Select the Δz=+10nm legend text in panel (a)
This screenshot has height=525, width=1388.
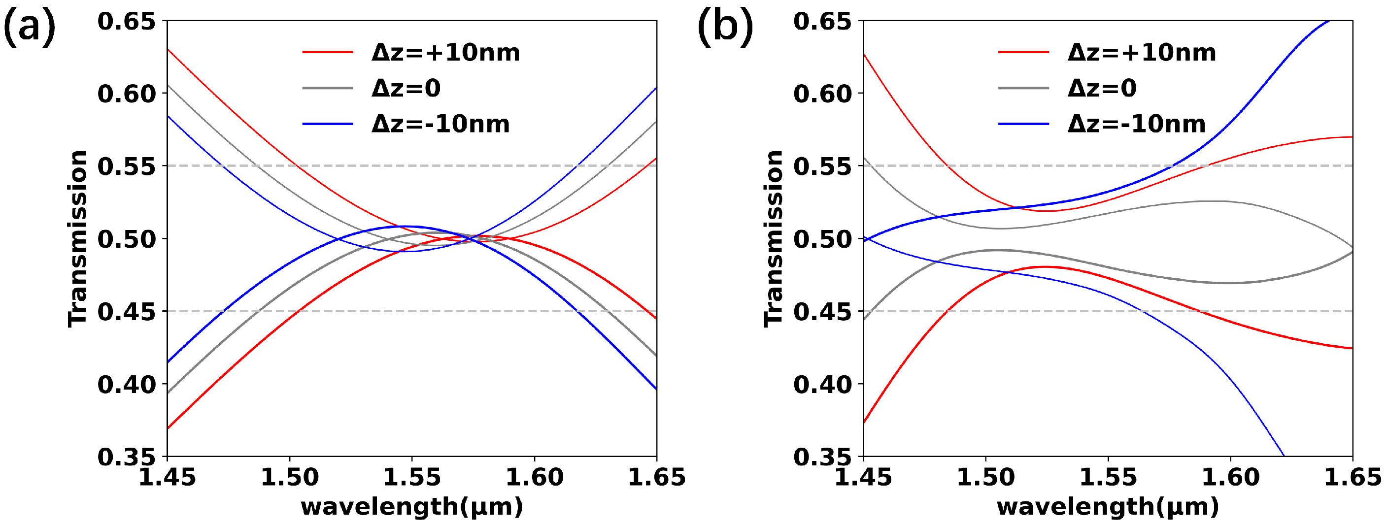[445, 53]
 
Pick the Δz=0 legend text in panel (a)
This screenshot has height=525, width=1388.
[406, 88]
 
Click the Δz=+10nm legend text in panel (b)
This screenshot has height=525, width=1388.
[1141, 53]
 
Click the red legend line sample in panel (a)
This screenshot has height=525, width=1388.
[327, 52]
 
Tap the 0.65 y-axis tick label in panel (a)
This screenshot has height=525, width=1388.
[126, 22]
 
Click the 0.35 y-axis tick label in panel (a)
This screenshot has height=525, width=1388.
[126, 457]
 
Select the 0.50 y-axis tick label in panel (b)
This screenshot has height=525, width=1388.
[822, 239]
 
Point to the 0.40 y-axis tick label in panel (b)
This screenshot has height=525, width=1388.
[822, 385]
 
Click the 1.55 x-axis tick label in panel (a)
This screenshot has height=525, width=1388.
[411, 478]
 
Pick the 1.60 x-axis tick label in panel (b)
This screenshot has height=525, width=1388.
[1230, 478]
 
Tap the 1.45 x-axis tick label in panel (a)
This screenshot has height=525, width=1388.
[167, 478]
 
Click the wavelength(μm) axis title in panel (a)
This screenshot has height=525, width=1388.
[411, 507]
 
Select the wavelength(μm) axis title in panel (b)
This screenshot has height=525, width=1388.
[1108, 507]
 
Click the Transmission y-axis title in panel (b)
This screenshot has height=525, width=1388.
[774, 238]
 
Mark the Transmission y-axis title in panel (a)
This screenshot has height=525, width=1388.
[77, 238]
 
